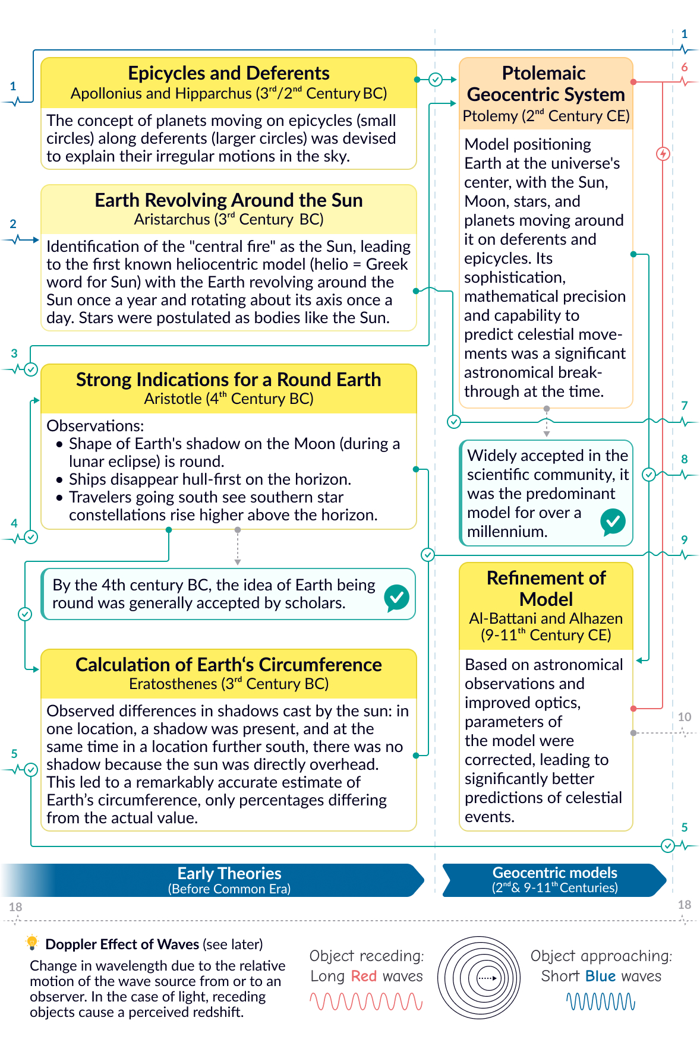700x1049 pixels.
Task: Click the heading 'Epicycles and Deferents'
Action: coord(229,73)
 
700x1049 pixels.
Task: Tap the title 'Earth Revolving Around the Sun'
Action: coord(229,200)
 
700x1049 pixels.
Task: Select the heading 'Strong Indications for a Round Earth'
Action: coord(229,380)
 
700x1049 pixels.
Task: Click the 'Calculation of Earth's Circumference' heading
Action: coord(229,665)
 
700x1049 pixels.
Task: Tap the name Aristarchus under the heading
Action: coord(172,219)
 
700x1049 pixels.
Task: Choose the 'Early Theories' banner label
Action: coord(229,873)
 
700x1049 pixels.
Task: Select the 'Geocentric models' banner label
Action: coord(554,873)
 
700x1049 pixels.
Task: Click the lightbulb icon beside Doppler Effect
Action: coord(32,942)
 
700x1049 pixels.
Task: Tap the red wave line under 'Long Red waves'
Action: coord(366,1002)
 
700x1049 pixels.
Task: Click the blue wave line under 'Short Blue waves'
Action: coord(601,1002)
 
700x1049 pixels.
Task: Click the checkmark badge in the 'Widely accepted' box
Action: coord(613,522)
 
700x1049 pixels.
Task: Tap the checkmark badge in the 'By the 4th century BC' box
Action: coord(396,597)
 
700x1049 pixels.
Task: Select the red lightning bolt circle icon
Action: coord(663,154)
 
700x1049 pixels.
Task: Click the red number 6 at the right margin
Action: coord(685,67)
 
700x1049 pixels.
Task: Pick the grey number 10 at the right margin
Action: coord(685,717)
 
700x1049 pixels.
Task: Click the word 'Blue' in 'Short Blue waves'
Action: coord(600,976)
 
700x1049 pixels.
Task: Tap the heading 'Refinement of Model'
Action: coord(546,588)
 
